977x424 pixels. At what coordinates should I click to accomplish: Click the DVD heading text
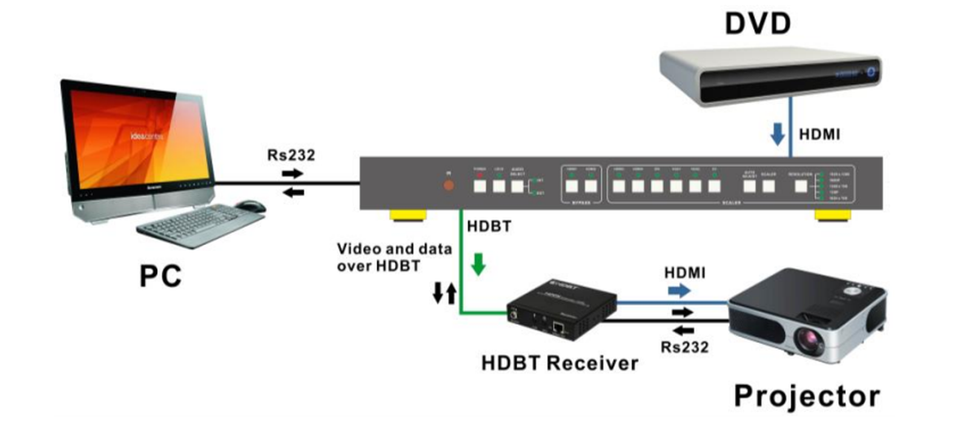(757, 24)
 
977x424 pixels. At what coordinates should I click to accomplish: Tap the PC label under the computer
(159, 276)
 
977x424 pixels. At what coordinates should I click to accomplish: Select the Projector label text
(807, 396)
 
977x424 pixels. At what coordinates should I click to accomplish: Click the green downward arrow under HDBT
(479, 264)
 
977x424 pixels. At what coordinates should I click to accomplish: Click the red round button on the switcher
(448, 186)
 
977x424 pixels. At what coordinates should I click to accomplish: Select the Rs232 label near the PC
(291, 155)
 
